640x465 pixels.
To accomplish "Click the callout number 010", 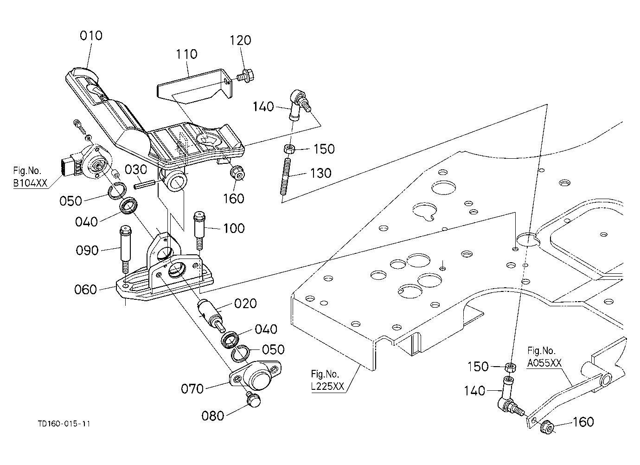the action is pos(91,36).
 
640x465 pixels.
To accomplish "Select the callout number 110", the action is pos(186,54).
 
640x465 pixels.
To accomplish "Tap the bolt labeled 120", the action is pos(245,76).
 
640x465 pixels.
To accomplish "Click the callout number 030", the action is pos(136,170).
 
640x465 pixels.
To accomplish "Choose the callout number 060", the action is pos(85,290).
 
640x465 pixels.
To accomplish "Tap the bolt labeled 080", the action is pos(253,400).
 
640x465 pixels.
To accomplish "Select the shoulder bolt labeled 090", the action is pos(125,248).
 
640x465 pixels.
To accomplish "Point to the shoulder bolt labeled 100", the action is pos(199,230).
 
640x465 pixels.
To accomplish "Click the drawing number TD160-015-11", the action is pos(64,424).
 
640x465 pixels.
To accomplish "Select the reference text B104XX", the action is pos(30,183).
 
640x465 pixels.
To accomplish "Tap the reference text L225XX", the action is pos(327,387).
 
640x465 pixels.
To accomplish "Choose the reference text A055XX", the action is pos(544,363).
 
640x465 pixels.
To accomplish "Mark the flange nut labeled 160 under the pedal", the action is pos(237,173).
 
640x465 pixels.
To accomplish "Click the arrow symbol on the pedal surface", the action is pos(208,139).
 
